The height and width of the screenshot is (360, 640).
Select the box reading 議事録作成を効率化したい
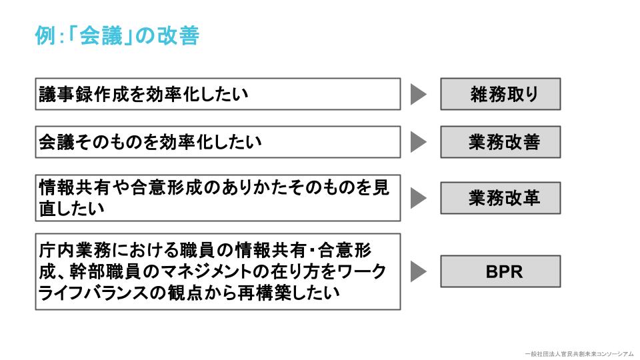pyautogui.click(x=217, y=94)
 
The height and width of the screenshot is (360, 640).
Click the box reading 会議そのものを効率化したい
pyautogui.click(x=217, y=142)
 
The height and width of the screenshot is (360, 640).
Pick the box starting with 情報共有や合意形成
pyautogui.click(x=217, y=198)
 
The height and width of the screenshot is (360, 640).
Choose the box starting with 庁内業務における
pyautogui.click(x=217, y=271)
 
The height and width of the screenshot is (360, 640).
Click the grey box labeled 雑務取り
pyautogui.click(x=500, y=94)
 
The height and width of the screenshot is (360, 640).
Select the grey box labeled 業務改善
pyautogui.click(x=500, y=142)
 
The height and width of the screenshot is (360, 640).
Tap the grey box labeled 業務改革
pyautogui.click(x=500, y=198)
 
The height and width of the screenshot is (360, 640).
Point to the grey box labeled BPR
pyautogui.click(x=500, y=271)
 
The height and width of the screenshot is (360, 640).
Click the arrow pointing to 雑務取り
pyautogui.click(x=418, y=95)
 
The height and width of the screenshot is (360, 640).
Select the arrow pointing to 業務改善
pyautogui.click(x=418, y=142)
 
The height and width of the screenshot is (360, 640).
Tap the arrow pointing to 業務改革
pyautogui.click(x=418, y=198)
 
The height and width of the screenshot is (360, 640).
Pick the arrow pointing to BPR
pyautogui.click(x=418, y=271)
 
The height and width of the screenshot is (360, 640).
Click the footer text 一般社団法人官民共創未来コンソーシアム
pyautogui.click(x=578, y=353)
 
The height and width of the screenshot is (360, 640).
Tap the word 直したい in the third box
pyautogui.click(x=71, y=209)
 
